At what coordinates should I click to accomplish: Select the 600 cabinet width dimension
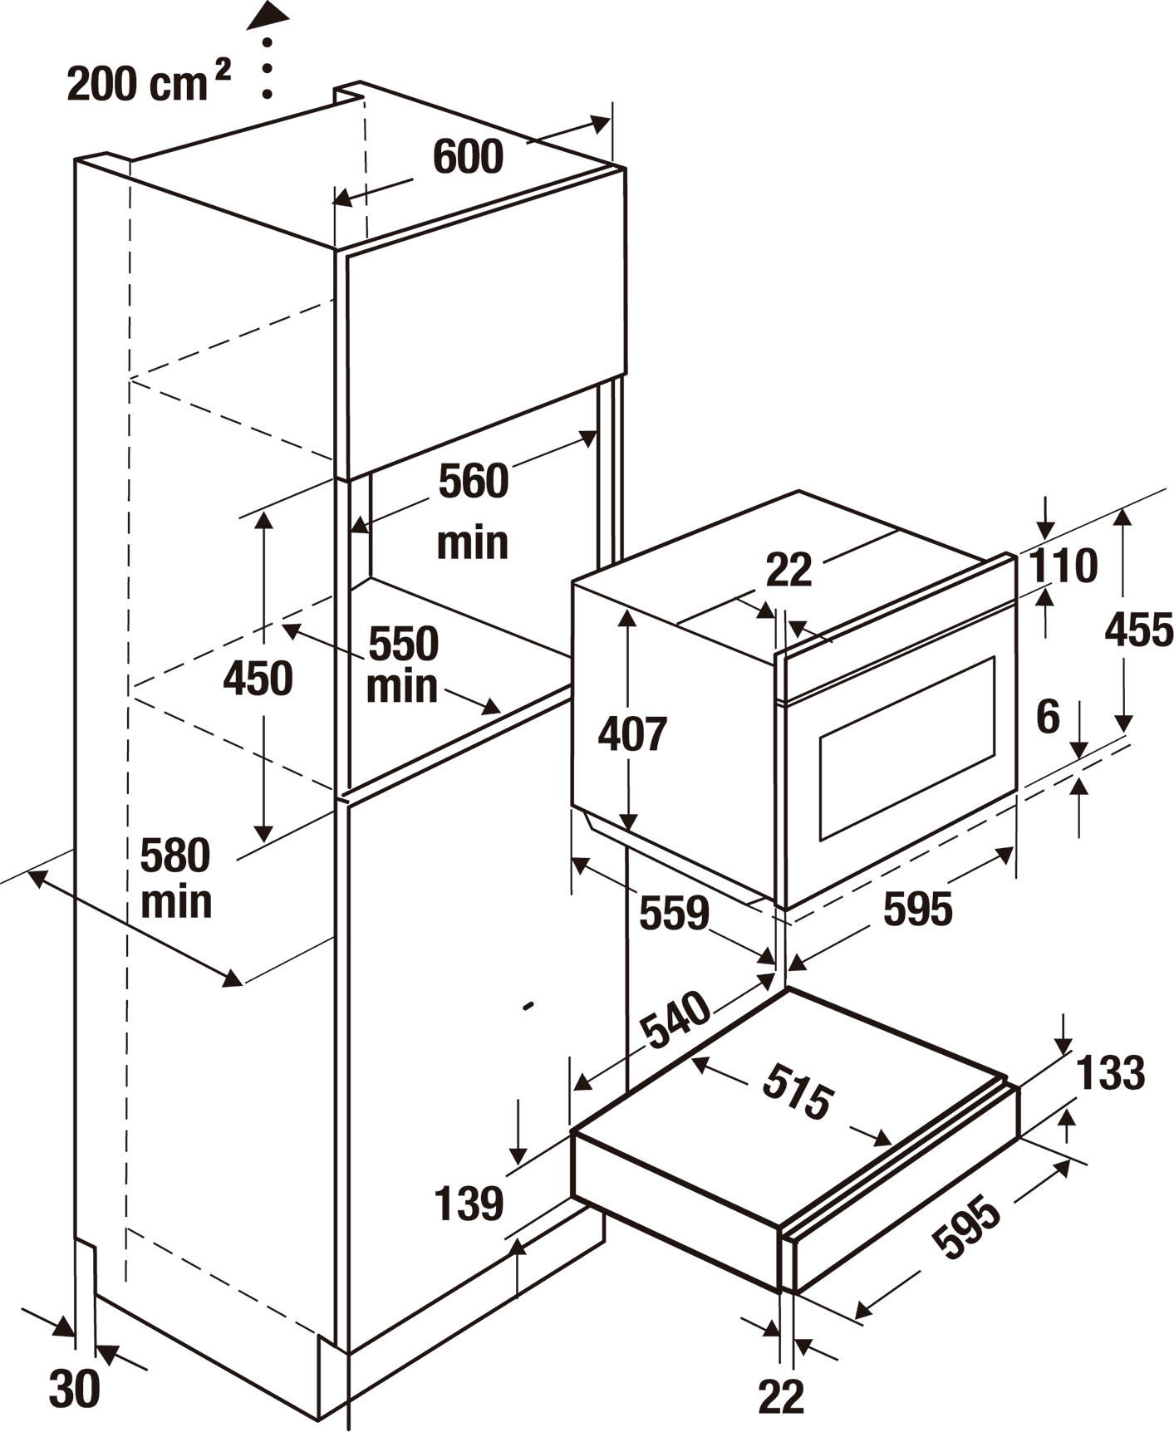469,157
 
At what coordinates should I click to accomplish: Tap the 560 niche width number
473,482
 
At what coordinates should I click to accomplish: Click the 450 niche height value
258,679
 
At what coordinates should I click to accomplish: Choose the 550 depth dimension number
403,644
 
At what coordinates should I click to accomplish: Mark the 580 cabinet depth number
175,856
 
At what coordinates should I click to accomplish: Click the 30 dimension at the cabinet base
75,1388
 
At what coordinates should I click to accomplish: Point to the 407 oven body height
632,734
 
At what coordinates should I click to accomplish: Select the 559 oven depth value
674,913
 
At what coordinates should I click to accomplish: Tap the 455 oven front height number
1138,630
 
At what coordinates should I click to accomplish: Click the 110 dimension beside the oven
1063,566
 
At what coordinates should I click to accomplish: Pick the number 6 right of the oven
1049,716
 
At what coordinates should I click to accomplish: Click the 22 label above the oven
788,571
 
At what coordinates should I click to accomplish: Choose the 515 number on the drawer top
796,1091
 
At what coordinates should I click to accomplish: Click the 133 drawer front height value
1111,1072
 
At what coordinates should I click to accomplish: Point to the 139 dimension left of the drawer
469,1203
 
